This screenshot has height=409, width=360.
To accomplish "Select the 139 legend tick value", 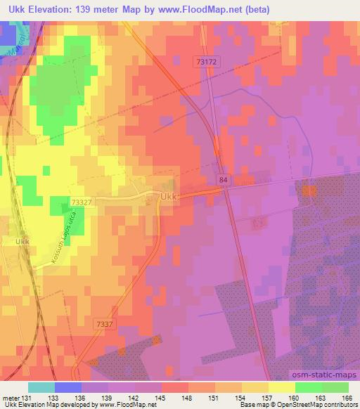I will point(109,397).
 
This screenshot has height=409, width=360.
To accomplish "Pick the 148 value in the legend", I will point(186,397).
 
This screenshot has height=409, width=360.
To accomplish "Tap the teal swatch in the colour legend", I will point(41,387).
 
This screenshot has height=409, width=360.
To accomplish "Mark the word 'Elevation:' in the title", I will point(53,9).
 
